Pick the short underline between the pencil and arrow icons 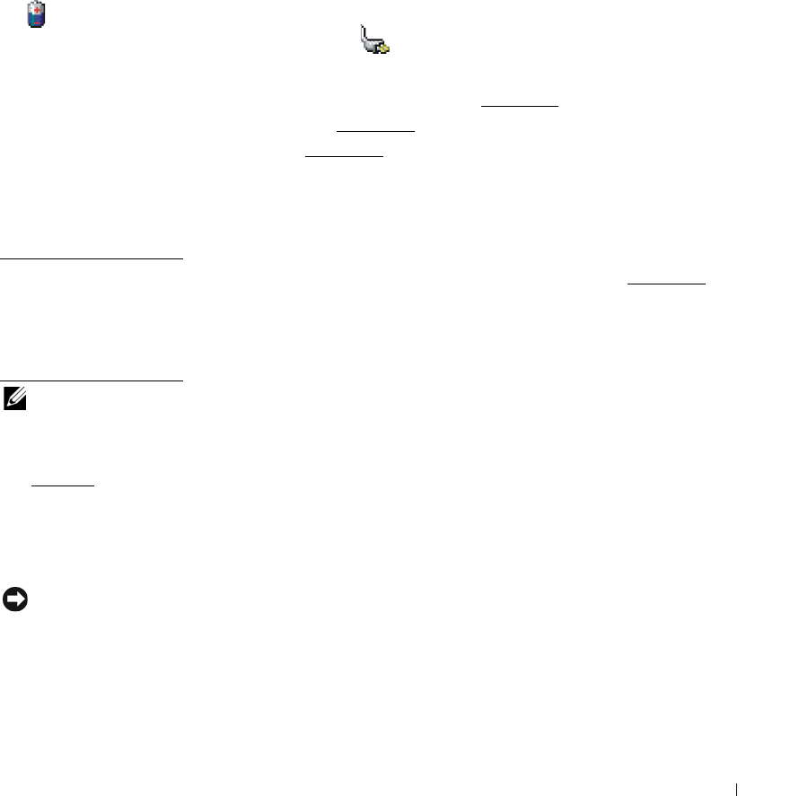(63, 485)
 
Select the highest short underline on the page (519, 106)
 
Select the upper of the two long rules (92, 259)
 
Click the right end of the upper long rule (180, 259)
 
